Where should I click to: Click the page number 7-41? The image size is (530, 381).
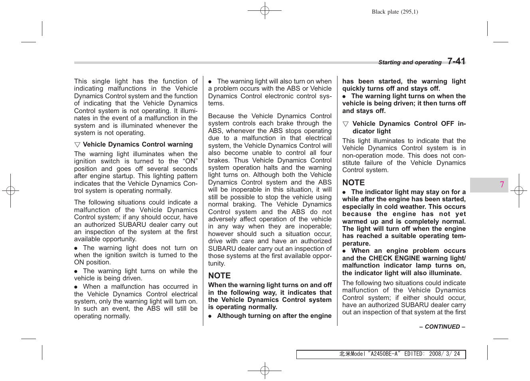tap(456, 61)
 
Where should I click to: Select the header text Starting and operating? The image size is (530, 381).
tap(410, 62)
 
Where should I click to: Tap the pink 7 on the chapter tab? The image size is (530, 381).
tap(502, 185)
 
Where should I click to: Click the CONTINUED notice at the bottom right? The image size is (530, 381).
tap(442, 327)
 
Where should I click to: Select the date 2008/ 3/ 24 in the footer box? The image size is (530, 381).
tap(444, 354)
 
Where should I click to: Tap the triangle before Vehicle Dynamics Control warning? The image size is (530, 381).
tap(77, 145)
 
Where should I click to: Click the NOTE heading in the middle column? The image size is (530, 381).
tap(219, 276)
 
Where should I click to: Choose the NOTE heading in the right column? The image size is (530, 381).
tap(353, 183)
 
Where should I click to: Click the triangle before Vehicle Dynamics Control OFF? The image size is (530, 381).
tap(345, 124)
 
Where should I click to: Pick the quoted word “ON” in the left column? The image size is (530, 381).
tap(190, 161)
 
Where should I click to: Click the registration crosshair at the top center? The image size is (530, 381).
tap(264, 11)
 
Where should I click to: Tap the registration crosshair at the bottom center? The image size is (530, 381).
tap(264, 371)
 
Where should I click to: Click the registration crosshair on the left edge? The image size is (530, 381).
tap(11, 190)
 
